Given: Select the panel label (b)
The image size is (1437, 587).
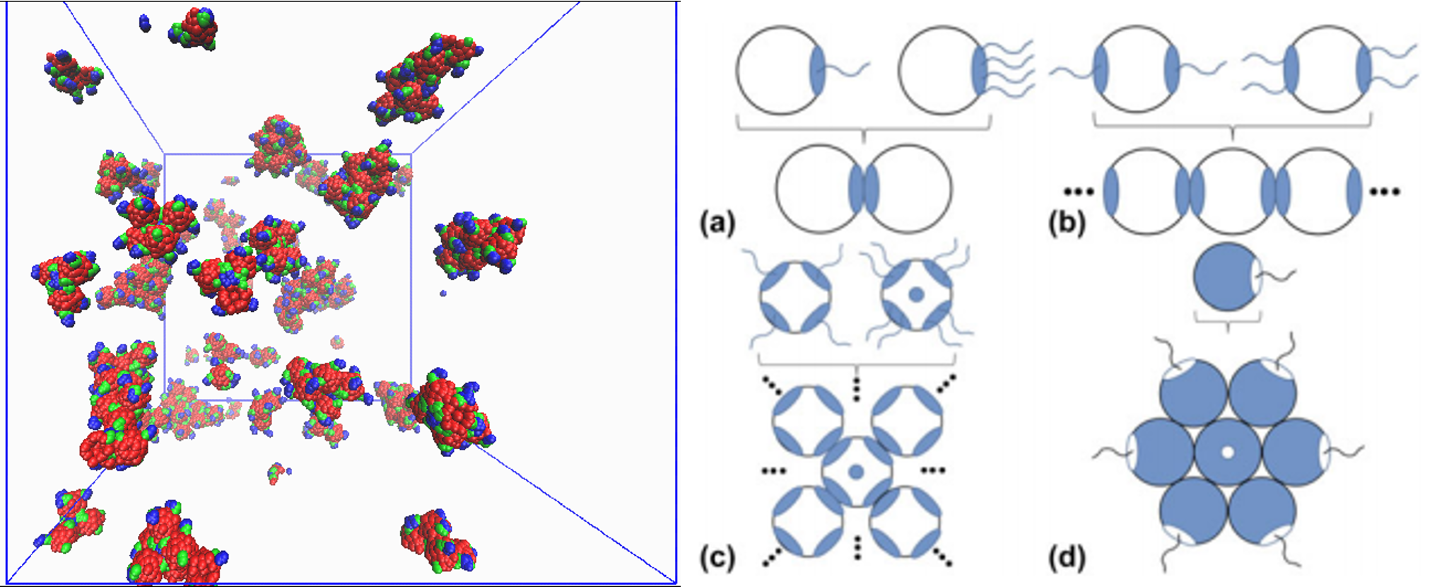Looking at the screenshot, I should (x=1067, y=223).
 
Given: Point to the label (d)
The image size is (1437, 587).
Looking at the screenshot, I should (x=1067, y=558).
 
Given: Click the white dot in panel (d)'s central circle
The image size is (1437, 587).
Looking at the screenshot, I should (x=1228, y=452).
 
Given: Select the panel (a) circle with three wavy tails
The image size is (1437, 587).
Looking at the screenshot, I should (x=942, y=70).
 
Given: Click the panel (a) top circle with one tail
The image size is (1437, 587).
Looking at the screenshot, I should (x=780, y=70).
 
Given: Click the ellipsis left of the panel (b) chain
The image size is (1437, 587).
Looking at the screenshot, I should (x=1079, y=191).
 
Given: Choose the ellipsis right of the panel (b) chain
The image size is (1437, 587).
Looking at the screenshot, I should (x=1385, y=191).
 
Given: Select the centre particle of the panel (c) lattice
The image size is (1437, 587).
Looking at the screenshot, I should (x=856, y=472).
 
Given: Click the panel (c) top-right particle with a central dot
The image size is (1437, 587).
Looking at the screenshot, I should (x=916, y=295).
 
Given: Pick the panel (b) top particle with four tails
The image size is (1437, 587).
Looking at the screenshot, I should (x=1327, y=69).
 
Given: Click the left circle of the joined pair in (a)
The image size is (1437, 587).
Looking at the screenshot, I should (x=820, y=189).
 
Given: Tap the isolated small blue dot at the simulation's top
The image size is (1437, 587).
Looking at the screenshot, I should (x=145, y=23).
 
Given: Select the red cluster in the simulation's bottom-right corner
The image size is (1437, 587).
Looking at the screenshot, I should (x=438, y=541).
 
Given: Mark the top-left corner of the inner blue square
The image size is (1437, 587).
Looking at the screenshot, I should (x=165, y=154).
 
